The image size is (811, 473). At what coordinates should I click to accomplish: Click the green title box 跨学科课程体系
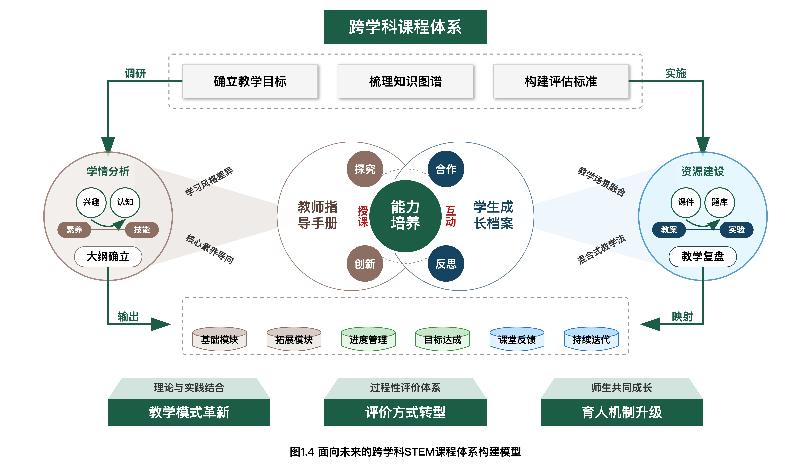[405, 27]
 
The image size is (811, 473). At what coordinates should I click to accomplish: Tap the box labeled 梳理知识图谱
[405, 81]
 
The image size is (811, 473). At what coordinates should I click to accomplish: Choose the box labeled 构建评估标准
[561, 81]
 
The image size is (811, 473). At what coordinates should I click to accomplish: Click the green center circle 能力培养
[405, 216]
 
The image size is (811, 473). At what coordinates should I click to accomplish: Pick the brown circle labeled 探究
[365, 169]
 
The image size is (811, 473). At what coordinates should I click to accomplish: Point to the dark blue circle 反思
[446, 264]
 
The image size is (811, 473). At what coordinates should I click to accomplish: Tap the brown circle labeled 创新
[365, 264]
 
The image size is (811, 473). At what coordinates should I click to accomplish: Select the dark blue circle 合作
[446, 169]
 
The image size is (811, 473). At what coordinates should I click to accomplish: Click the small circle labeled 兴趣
[91, 202]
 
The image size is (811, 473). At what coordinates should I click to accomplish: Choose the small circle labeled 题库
[720, 202]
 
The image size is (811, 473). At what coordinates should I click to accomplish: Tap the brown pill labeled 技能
[142, 230]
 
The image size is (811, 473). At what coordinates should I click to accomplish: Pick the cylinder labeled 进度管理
[368, 339]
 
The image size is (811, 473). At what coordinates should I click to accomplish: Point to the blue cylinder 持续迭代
[591, 339]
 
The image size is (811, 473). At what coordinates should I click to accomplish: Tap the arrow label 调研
[135, 73]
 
